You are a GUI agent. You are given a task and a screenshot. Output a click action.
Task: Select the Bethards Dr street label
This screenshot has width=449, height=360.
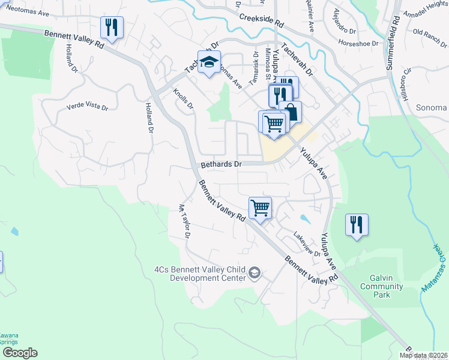point(221,164)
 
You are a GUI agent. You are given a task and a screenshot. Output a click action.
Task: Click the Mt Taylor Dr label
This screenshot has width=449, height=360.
point(184,221)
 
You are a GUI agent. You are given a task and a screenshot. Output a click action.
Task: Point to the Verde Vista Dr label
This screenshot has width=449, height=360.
point(87,108)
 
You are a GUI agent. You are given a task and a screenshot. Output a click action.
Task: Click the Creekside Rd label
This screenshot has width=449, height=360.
point(261,20)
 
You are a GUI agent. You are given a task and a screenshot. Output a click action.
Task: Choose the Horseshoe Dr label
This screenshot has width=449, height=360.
point(358,44)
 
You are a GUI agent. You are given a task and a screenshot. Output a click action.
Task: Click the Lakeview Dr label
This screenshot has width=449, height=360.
point(307,244)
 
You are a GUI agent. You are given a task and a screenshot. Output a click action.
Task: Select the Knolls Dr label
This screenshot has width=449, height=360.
point(183,100)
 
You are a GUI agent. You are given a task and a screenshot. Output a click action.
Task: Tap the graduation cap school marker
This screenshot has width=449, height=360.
point(209,62)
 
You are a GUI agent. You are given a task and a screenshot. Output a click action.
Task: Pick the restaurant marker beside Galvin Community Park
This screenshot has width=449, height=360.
point(357,225)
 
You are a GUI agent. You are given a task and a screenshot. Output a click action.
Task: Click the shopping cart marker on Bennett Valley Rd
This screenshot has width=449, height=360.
point(261,208)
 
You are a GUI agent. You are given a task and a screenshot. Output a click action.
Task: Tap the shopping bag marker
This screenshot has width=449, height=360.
point(291,112)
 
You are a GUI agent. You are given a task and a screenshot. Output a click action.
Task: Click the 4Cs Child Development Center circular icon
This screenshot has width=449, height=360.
point(255,273)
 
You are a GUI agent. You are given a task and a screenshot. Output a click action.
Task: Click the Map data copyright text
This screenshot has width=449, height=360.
point(424,355)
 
